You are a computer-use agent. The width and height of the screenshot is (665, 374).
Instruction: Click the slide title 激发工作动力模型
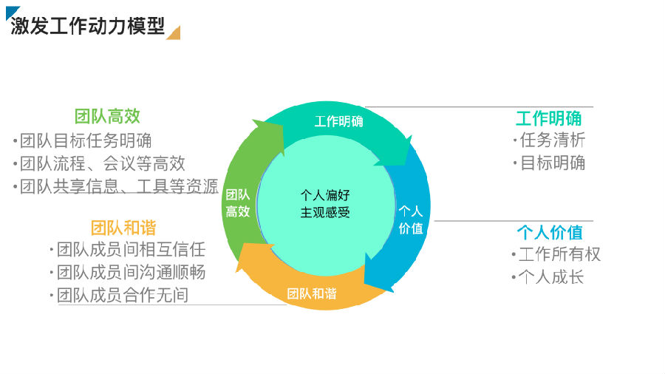[87, 26]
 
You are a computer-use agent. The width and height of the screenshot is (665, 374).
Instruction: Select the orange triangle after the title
[175, 34]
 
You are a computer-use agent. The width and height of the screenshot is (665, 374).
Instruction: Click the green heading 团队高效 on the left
[107, 116]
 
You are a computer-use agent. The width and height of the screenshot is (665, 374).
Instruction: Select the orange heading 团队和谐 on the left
[123, 228]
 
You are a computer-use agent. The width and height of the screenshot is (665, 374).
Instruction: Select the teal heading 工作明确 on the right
[549, 118]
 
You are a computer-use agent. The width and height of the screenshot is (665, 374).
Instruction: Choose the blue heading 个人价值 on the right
[550, 232]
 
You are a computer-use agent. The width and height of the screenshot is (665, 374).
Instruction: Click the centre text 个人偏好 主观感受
[325, 203]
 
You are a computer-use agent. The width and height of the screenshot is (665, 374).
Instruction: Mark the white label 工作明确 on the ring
[339, 122]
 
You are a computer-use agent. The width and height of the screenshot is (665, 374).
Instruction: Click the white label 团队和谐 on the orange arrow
[312, 293]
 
